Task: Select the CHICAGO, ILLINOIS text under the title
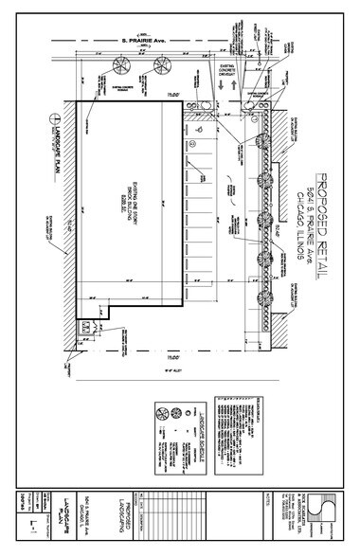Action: click(299, 230)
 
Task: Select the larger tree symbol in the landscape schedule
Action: click(163, 414)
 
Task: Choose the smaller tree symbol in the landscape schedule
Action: click(164, 435)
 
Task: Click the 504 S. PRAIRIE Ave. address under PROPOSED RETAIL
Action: click(311, 230)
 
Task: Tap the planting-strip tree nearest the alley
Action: click(268, 302)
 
